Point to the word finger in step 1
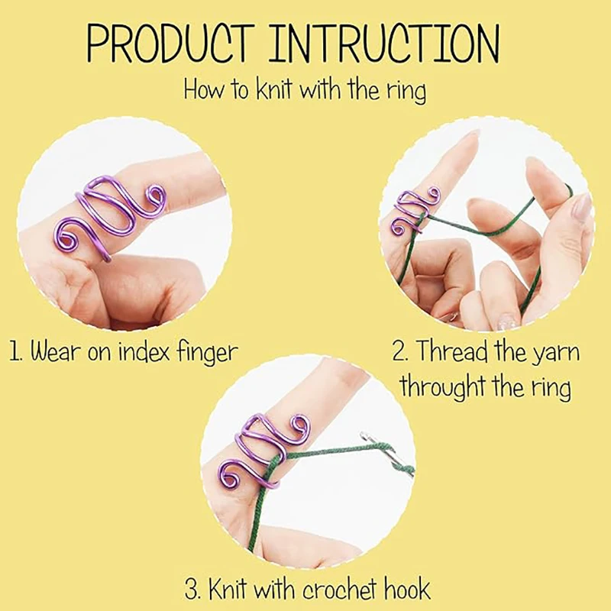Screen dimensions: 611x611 (x=202, y=354)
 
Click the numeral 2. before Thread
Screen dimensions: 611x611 (x=402, y=352)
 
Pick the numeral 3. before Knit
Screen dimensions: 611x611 (x=194, y=590)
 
